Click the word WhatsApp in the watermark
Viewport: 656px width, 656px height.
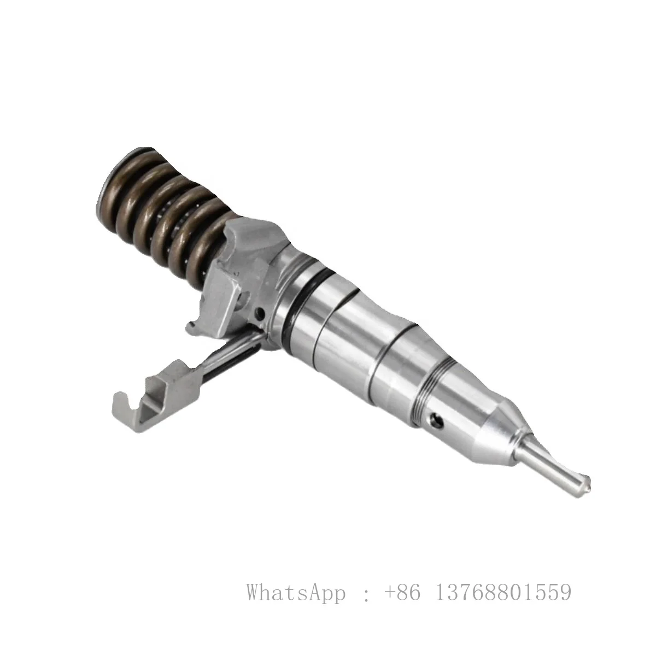tap(296, 593)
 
